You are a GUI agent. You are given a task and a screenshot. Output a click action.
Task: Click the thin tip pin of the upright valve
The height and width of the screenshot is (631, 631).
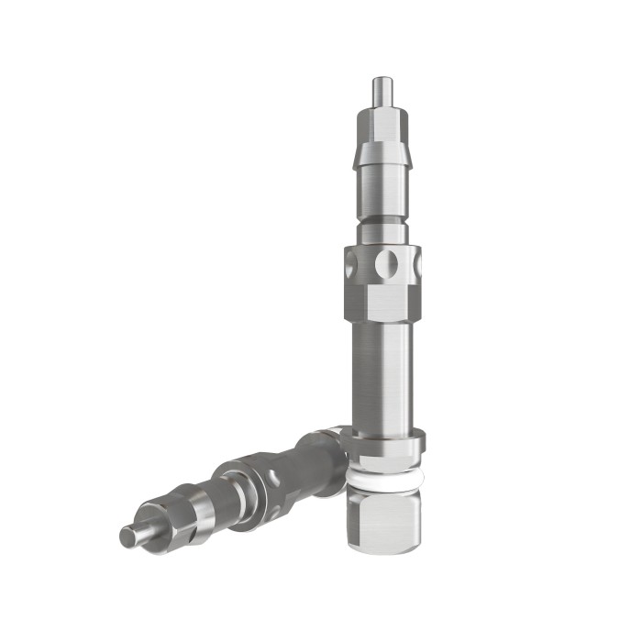(381, 92)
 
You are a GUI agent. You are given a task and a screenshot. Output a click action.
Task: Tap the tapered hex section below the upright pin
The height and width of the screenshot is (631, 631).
(381, 123)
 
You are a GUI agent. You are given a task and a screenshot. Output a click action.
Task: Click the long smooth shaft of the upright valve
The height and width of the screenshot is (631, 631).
(382, 376)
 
